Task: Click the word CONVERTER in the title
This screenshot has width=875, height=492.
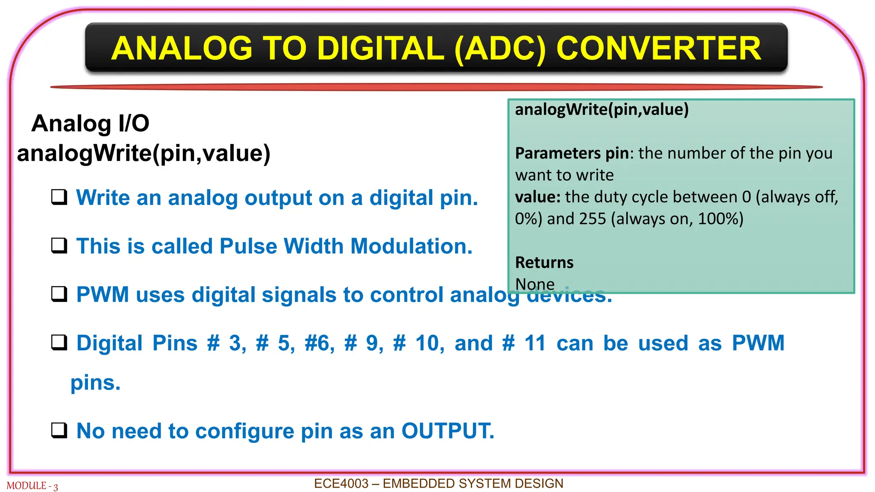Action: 658,48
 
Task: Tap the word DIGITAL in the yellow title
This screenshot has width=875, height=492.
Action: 381,48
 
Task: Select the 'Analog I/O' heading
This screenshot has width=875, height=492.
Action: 90,123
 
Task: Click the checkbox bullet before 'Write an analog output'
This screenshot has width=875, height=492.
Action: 59,197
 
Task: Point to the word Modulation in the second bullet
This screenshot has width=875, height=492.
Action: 411,246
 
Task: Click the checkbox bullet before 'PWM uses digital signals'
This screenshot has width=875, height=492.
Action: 59,294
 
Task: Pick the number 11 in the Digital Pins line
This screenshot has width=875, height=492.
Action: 535,343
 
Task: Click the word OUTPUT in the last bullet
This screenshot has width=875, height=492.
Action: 447,431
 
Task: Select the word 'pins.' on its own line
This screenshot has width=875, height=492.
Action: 95,383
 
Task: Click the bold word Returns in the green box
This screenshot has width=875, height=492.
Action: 544,262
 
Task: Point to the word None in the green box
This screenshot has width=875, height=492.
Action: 534,284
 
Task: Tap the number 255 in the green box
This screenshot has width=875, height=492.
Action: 593,219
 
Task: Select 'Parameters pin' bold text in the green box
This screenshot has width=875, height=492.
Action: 572,153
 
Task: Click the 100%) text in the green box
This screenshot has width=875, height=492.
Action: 720,219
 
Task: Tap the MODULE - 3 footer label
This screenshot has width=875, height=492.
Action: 32,486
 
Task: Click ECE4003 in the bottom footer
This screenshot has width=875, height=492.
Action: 341,483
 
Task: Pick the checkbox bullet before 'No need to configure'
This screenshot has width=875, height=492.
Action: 59,430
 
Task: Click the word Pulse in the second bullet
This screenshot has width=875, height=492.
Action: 248,246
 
